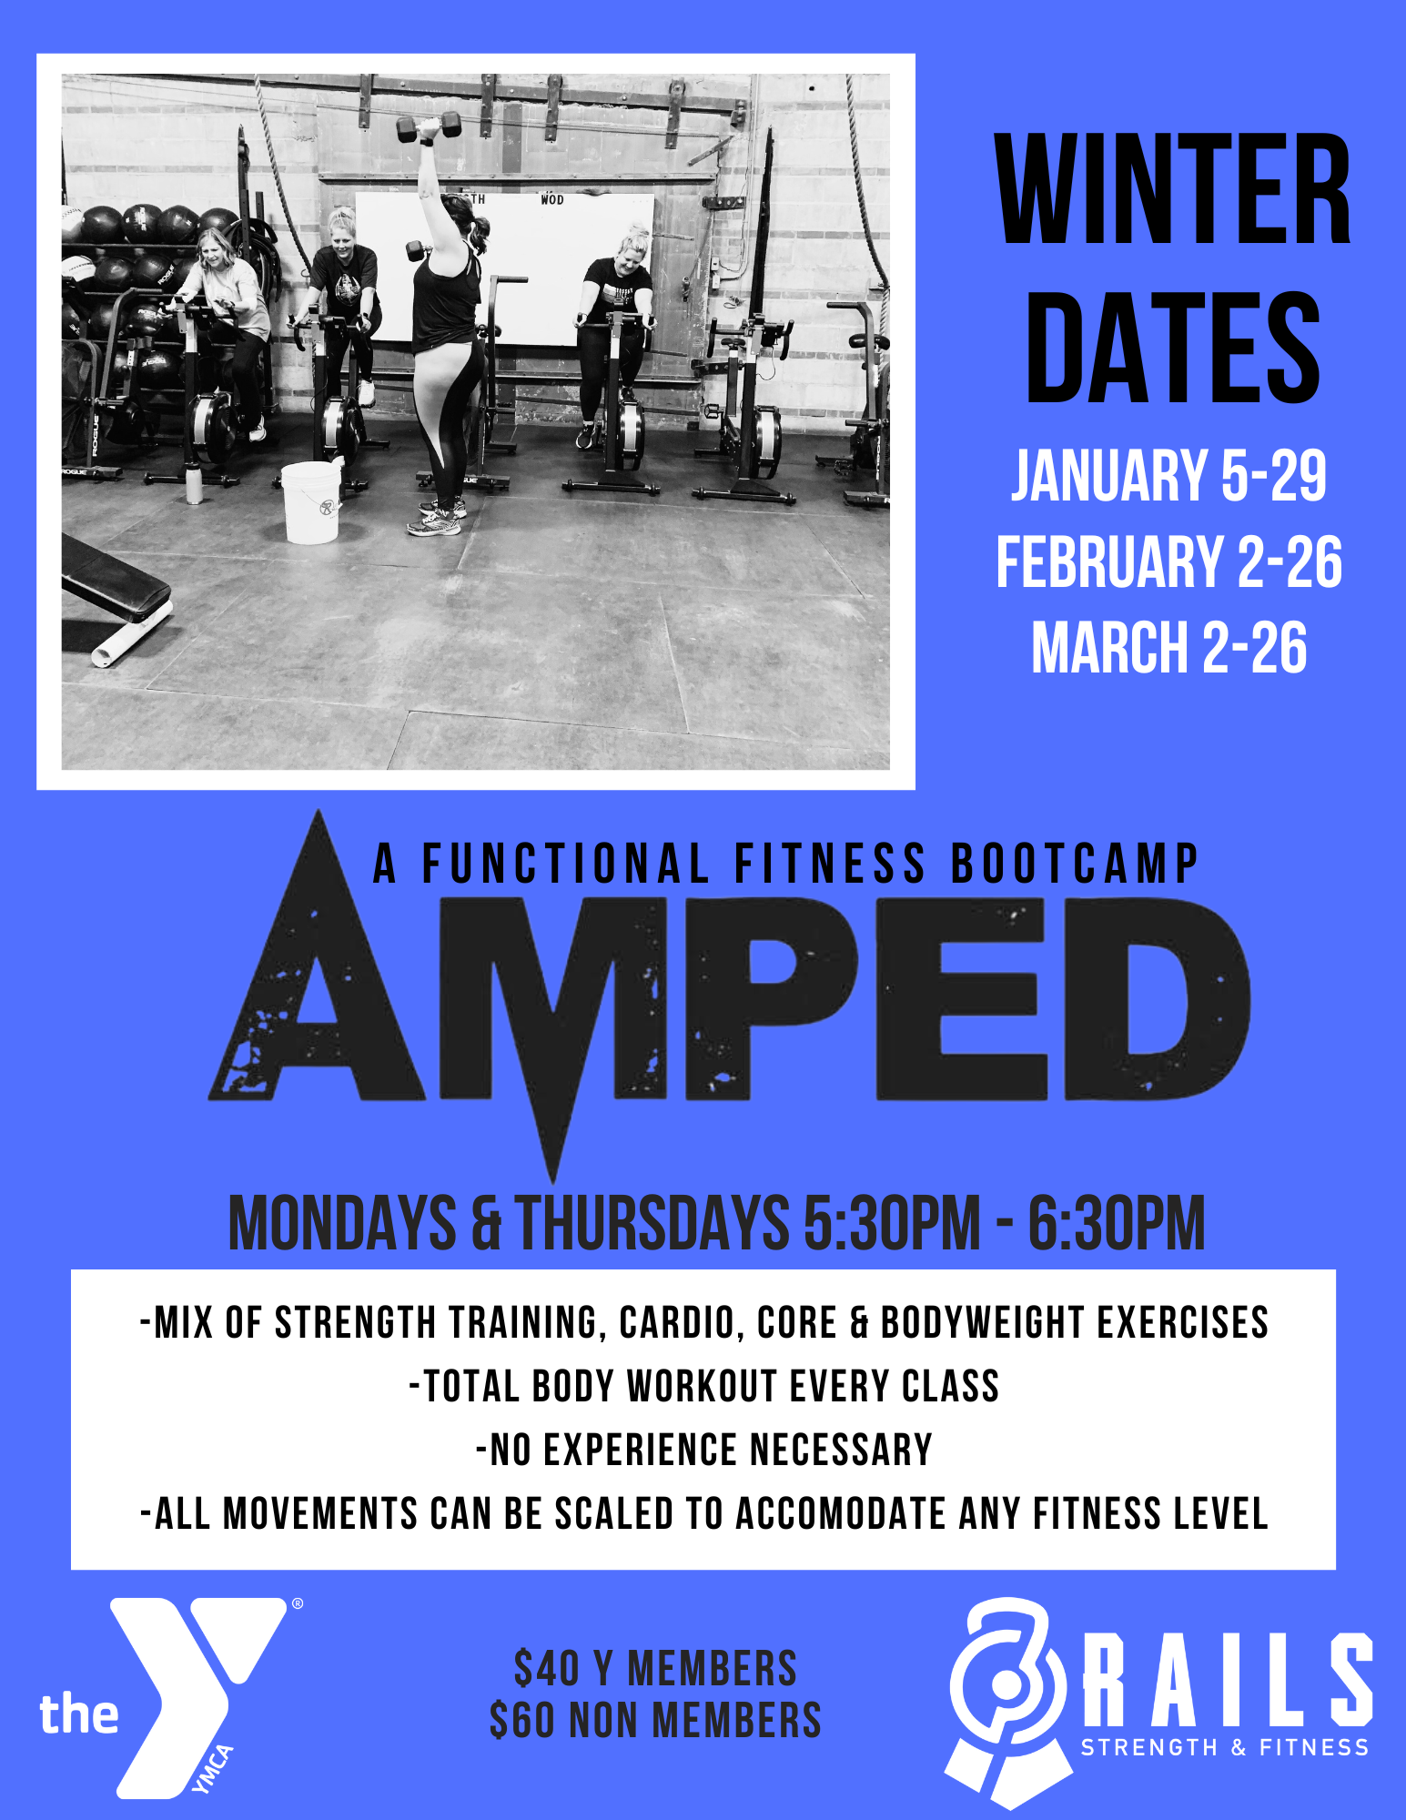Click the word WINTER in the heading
click(x=1173, y=189)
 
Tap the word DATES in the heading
click(x=1173, y=347)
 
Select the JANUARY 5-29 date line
click(x=1169, y=476)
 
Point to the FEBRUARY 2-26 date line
click(x=1169, y=562)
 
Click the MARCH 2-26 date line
click(x=1169, y=648)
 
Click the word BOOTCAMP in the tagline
click(x=1075, y=864)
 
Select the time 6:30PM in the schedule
click(x=1117, y=1223)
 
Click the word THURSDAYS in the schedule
click(x=653, y=1223)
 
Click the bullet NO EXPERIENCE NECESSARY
click(x=704, y=1451)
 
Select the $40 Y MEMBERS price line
click(x=655, y=1669)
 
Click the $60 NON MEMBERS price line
click(x=655, y=1720)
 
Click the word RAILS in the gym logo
click(x=1228, y=1680)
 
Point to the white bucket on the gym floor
click(x=311, y=502)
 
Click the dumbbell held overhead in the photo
click(x=429, y=126)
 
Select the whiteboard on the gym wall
click(x=505, y=268)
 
